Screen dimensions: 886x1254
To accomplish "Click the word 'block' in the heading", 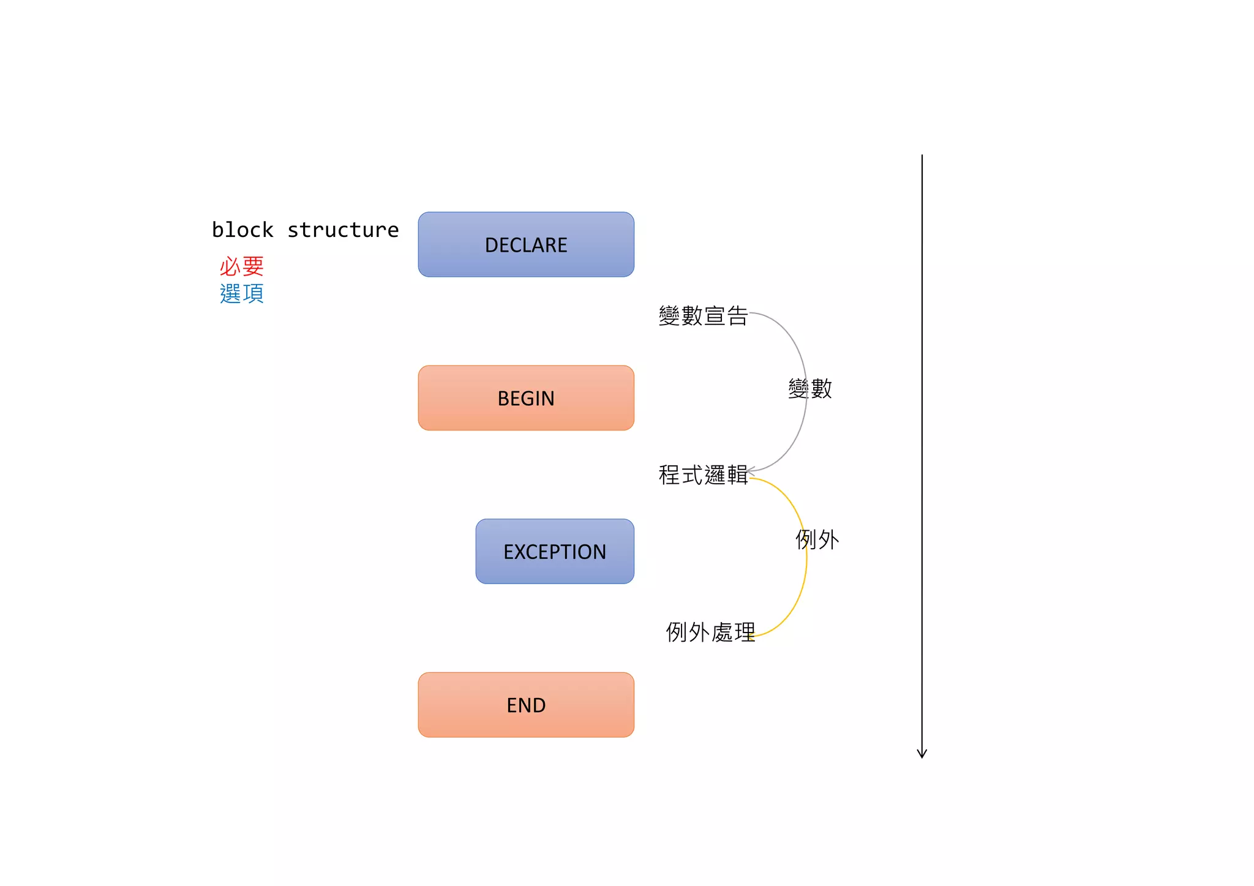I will coord(242,230).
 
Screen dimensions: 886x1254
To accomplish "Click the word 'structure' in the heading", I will coord(343,230).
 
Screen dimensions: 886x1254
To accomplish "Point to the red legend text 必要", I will coord(242,266).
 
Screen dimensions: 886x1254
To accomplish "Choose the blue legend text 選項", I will coord(242,294).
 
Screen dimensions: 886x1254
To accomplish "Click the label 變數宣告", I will coord(703,316).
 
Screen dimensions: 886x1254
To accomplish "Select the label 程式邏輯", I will coord(703,475).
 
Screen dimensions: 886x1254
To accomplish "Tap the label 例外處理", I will coord(710,632).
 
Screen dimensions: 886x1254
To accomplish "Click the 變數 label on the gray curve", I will coord(810,389).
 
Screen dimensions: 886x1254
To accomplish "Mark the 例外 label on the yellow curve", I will coord(817,539).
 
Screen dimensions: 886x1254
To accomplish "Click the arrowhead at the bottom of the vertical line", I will coord(922,754).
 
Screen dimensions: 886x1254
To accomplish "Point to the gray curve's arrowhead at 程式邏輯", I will coord(749,470).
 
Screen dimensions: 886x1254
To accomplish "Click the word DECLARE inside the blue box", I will coord(526,245).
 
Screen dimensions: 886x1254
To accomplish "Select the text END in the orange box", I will coord(526,705).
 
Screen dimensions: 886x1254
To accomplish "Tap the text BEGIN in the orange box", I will coord(526,399).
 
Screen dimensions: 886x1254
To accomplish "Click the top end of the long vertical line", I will coord(922,156).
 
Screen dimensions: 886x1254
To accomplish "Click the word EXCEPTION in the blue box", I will coord(555,552).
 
